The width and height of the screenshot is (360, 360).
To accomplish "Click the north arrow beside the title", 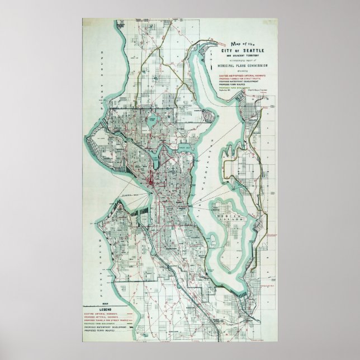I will [209, 53].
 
